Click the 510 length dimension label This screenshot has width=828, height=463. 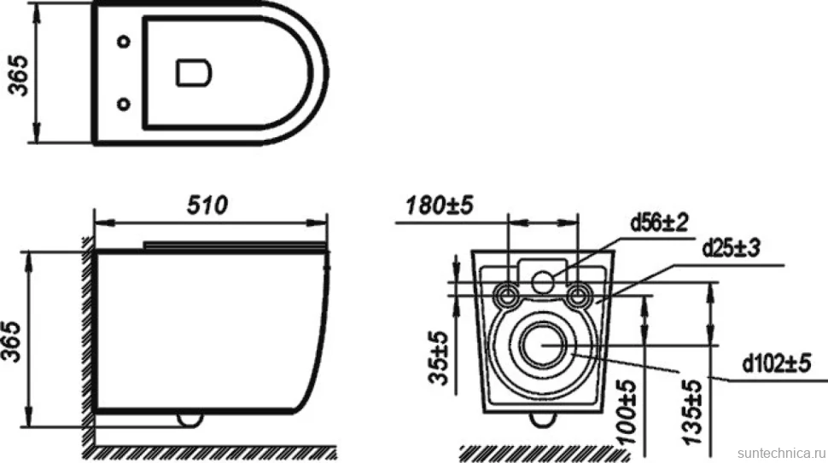(207, 205)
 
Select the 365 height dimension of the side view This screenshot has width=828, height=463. (12, 341)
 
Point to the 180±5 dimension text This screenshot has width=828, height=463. (440, 205)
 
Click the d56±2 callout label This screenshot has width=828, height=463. (660, 223)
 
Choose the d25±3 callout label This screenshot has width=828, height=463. (731, 248)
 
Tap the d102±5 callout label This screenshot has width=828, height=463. (776, 363)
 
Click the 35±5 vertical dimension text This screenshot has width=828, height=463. (439, 357)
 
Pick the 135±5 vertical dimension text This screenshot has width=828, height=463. (691, 413)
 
